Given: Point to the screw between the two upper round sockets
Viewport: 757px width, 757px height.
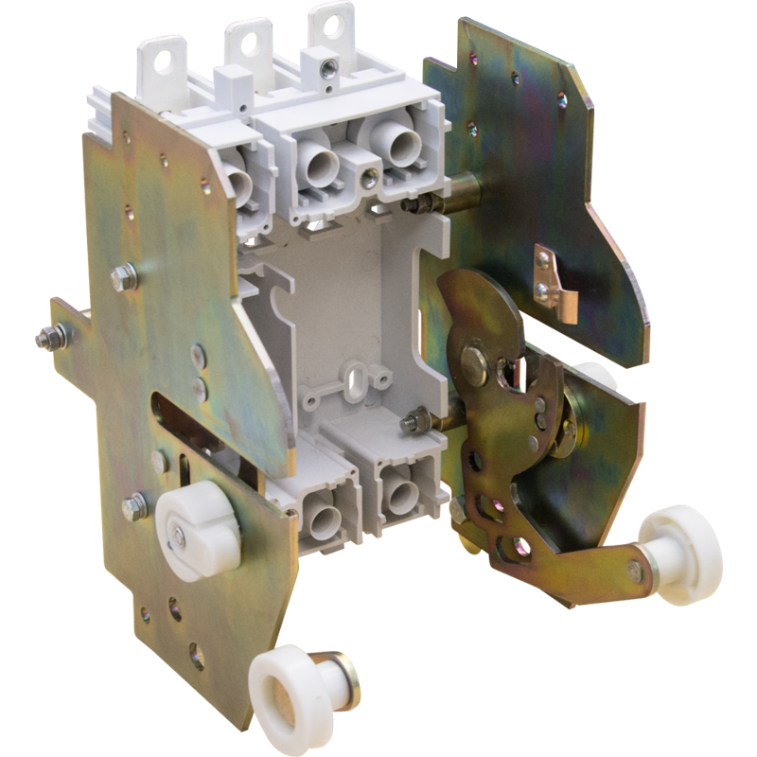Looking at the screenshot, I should [367, 177].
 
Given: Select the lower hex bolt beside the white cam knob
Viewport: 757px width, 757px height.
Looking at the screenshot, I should [133, 507].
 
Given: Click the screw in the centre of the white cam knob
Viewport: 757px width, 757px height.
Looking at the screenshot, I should [180, 537].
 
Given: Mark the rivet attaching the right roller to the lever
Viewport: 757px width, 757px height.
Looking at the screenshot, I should [635, 571].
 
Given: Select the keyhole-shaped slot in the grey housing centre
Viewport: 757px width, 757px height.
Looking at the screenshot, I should [357, 373].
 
